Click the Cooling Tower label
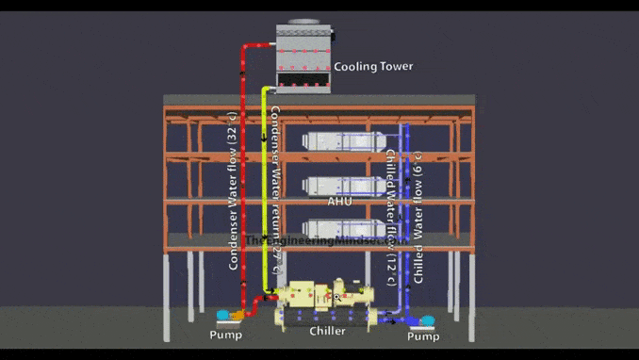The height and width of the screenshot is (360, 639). pyautogui.click(x=373, y=67)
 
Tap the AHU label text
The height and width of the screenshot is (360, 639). pyautogui.click(x=339, y=202)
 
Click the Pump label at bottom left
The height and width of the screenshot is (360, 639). pyautogui.click(x=225, y=335)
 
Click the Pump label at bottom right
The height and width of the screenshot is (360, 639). pyautogui.click(x=423, y=336)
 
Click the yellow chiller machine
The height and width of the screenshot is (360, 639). pyautogui.click(x=329, y=303)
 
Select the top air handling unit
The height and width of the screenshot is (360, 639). pyautogui.click(x=343, y=142)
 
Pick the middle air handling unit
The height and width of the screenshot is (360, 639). pyautogui.click(x=343, y=185)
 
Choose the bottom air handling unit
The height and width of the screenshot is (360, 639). pyautogui.click(x=343, y=227)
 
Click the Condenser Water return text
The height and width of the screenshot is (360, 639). pyautogui.click(x=274, y=188)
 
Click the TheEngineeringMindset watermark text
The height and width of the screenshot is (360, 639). pyautogui.click(x=320, y=240)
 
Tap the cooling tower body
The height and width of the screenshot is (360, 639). pyautogui.click(x=303, y=57)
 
